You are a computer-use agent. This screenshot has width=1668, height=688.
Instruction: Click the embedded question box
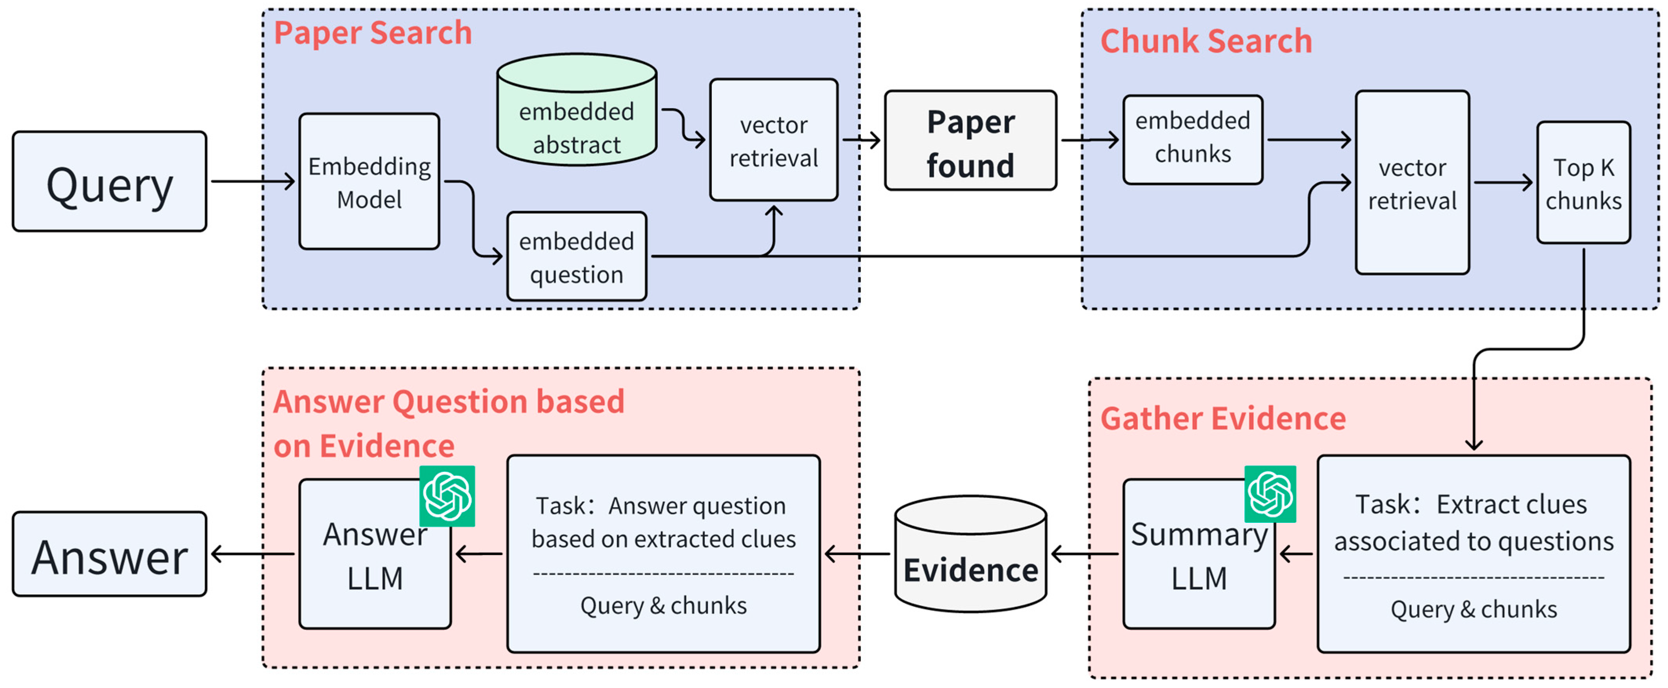click(576, 257)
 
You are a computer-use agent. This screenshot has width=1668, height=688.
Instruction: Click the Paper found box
click(970, 141)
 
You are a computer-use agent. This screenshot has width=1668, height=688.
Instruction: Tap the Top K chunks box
click(1583, 183)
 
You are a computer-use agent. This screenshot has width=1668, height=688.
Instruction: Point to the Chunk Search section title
click(1206, 42)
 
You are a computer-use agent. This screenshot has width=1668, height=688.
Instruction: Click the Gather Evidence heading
click(1222, 419)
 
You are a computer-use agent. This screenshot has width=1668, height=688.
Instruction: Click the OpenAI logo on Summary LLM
click(1270, 494)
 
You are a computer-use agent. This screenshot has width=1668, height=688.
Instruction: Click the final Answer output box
click(109, 555)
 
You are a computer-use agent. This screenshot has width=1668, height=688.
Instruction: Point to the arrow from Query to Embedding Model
click(253, 181)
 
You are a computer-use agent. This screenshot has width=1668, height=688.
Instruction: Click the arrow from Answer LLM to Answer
click(253, 554)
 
